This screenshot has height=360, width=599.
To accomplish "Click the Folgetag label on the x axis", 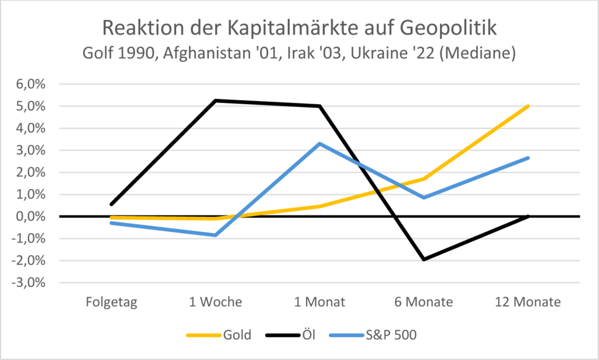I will click(111, 303).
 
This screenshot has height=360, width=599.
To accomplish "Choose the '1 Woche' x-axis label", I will click(215, 303).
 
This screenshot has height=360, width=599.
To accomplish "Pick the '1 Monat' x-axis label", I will click(319, 303).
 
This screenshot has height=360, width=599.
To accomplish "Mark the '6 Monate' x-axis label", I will click(424, 303).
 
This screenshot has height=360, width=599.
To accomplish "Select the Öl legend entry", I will click(307, 335).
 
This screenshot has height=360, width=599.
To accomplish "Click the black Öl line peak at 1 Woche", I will click(215, 101).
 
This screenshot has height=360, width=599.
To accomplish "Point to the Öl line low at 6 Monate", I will click(424, 259).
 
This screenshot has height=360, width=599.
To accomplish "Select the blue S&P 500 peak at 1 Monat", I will click(319, 143).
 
